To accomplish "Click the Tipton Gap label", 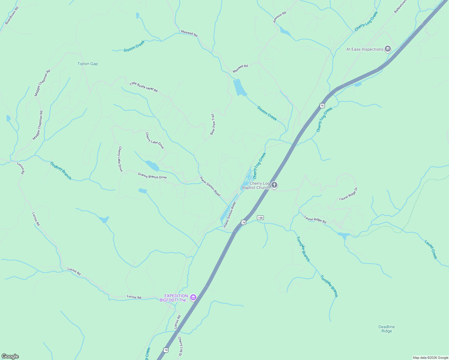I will [88, 64].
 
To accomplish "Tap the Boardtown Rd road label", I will [12, 16].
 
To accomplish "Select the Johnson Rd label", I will [279, 17].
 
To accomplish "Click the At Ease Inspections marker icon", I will [388, 49].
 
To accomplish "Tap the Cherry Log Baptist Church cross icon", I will [274, 185].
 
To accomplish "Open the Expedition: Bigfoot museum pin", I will [193, 298].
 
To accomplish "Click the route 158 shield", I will [260, 217].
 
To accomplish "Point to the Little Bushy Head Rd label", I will [143, 87].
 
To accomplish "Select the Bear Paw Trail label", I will [212, 124].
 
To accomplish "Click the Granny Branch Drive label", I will [152, 176].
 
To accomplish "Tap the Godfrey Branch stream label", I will [61, 171].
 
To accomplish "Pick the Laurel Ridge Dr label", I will [348, 194].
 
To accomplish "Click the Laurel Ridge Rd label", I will [315, 219].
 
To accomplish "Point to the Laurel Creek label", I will [431, 249].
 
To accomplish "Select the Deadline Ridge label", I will [387, 329].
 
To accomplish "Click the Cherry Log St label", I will [180, 346].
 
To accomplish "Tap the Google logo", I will [10, 356].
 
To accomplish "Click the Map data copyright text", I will [430, 358].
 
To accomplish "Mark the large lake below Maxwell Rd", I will [239, 87].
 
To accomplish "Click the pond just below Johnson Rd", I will [285, 31].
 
